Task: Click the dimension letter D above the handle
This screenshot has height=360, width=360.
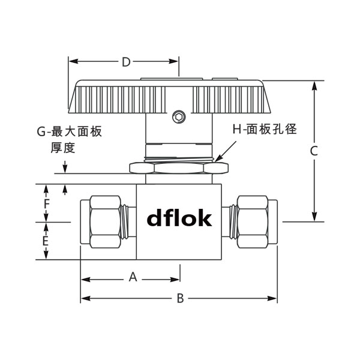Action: pyautogui.click(x=126, y=62)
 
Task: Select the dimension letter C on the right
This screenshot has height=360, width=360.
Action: pyautogui.click(x=313, y=152)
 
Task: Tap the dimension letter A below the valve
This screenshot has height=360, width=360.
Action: pyautogui.click(x=133, y=277)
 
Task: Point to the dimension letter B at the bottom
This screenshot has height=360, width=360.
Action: pyautogui.click(x=179, y=299)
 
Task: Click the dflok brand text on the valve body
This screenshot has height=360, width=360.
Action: pyautogui.click(x=179, y=219)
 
